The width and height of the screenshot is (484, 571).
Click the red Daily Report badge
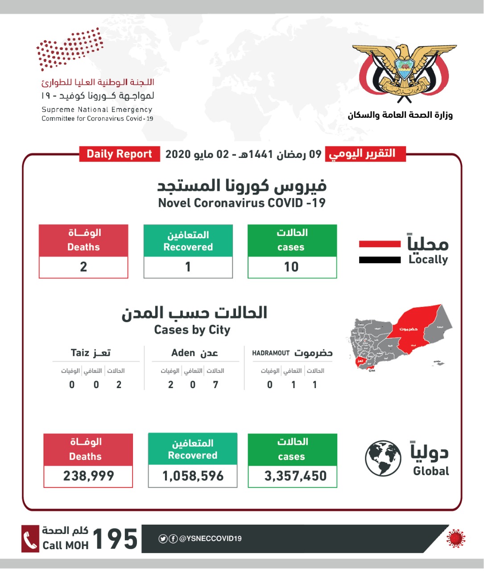pos(119,154)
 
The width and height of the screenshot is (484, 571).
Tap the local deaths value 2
pos(83,267)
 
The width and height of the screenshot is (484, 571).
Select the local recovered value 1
pos(188,267)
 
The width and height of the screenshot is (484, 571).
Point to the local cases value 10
pos(292,267)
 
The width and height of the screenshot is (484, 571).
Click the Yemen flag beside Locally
pos(380,252)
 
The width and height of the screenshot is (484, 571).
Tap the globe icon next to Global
pos(383,459)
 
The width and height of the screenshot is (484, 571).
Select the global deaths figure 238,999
pos(88,476)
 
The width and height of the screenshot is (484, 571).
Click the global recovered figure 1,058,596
pos(193,476)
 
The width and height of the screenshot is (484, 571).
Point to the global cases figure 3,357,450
pos(295,476)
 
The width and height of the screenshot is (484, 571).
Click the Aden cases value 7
pos(216,385)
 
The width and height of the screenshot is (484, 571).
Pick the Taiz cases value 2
pos(119,385)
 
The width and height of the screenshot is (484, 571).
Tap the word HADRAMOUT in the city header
pos(271,353)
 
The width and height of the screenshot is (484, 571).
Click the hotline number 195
pos(115,539)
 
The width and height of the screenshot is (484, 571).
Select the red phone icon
pos(30,539)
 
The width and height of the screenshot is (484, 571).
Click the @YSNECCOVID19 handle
pos(210,538)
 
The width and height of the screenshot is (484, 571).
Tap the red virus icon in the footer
pos(455,538)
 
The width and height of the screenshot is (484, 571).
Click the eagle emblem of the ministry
pos(404,71)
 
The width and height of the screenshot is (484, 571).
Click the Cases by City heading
pos(192,330)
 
